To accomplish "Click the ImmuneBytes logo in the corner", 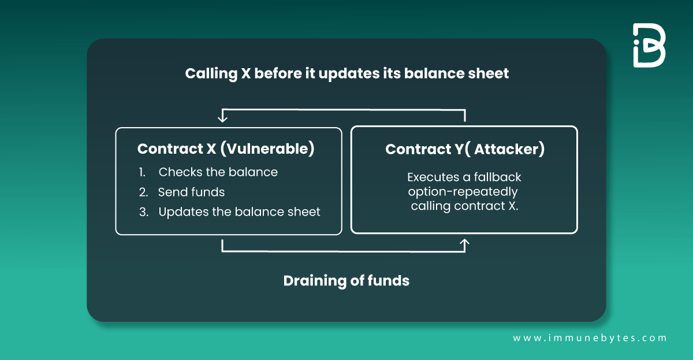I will coord(649,46).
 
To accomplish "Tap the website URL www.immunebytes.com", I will coord(590,338).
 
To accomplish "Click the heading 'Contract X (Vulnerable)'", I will coord(226,149).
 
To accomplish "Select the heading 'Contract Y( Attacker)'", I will coord(464,149).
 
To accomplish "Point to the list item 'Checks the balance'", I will coord(218,172).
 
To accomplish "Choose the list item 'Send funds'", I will coord(191,192).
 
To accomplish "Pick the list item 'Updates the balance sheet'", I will coord(239,211).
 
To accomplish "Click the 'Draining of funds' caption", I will coord(346,281).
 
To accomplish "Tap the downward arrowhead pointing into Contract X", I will coord(222,118).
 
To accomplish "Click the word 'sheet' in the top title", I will coord(489,74).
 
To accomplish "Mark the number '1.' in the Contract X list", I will coord(142,172).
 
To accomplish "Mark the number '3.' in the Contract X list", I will coord(144,211).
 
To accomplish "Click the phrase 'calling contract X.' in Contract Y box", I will coord(464,206).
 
